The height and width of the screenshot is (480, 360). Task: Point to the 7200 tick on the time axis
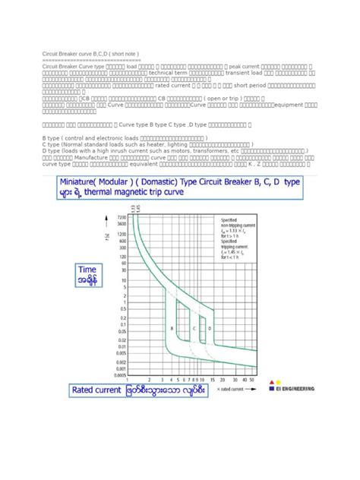(x=119, y=217)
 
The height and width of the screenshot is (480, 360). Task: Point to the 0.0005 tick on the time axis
(x=118, y=373)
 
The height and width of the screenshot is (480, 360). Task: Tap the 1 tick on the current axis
(x=128, y=379)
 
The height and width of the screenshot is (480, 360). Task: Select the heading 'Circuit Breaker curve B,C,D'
(x=90, y=55)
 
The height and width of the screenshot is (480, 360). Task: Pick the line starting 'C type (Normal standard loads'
(x=148, y=144)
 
